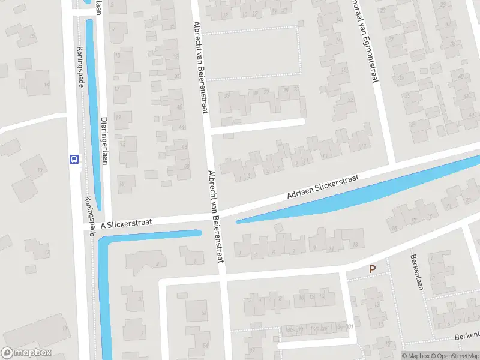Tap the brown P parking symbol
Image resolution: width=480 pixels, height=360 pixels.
pyautogui.click(x=372, y=270)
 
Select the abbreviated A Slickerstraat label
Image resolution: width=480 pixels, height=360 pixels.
pyautogui.click(x=126, y=223)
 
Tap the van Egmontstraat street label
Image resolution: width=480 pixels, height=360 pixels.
pyautogui.click(x=368, y=48)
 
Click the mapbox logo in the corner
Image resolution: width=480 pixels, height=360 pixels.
pyautogui.click(x=26, y=353)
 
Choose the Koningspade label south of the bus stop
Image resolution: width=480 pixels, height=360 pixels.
pyautogui.click(x=89, y=216)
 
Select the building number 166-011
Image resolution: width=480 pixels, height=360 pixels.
pyautogui.click(x=294, y=329)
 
